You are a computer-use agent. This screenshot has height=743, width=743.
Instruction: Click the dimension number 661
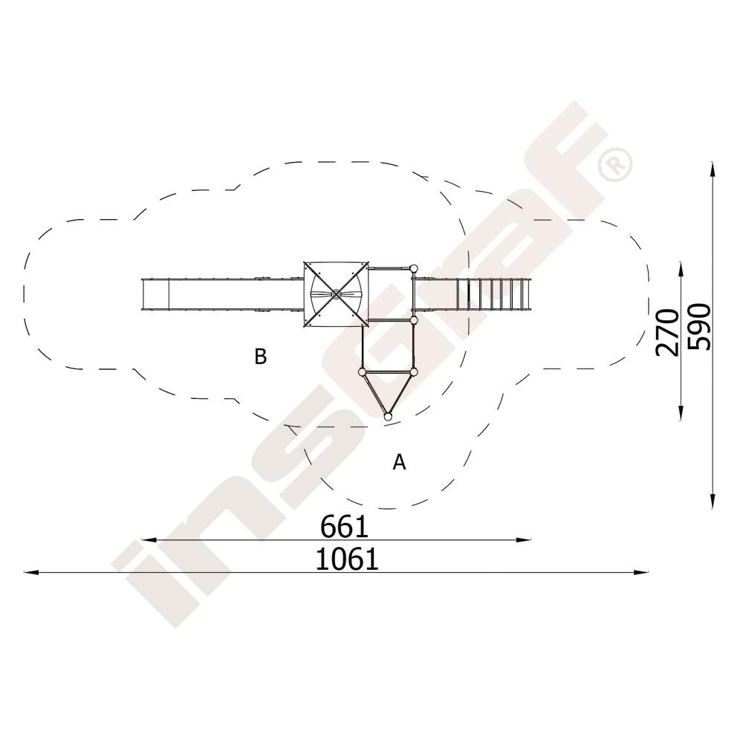click(x=345, y=527)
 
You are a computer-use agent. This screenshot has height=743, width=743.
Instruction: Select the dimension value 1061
click(x=347, y=559)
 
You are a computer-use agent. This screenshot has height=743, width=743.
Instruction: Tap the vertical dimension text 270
click(x=667, y=332)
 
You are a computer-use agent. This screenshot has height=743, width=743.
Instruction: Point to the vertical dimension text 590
click(x=699, y=327)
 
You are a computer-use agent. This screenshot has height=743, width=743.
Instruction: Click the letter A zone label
click(x=400, y=461)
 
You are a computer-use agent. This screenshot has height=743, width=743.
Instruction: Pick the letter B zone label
click(x=261, y=357)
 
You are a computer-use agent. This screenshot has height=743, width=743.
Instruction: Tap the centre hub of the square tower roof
click(x=336, y=294)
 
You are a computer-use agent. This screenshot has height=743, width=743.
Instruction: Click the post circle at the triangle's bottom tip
click(x=388, y=417)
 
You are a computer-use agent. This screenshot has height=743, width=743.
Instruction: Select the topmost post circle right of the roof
click(x=414, y=269)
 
